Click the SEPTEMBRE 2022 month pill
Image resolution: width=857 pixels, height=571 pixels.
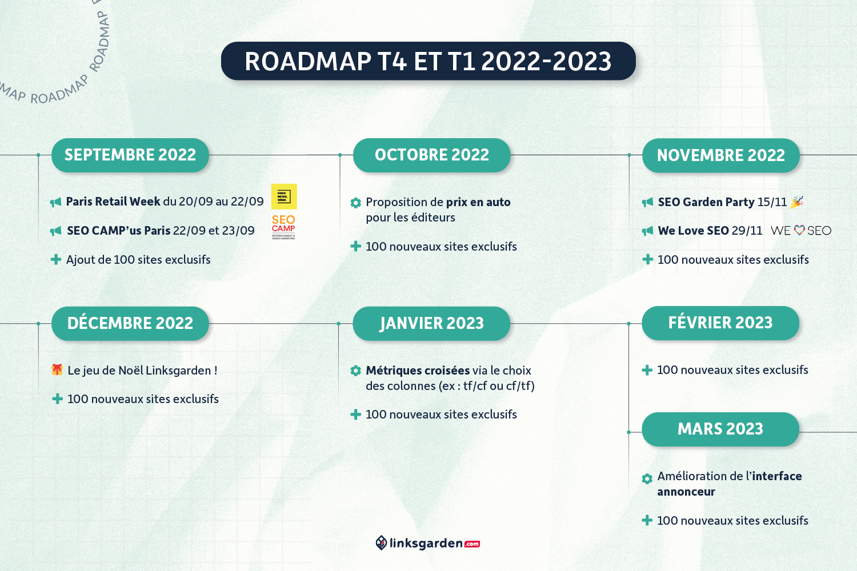click(130, 155)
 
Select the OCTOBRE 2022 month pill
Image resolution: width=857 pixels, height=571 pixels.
click(431, 155)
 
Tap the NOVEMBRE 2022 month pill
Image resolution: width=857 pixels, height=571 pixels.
click(721, 155)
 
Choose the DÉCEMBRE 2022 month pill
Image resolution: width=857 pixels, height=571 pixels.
click(130, 323)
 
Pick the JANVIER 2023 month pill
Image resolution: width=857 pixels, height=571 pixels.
click(431, 323)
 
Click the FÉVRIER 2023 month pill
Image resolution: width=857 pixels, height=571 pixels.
click(720, 323)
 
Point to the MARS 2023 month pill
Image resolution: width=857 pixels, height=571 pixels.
click(720, 429)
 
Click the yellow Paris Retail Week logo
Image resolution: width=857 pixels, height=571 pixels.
click(284, 196)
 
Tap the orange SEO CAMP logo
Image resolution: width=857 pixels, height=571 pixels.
click(283, 227)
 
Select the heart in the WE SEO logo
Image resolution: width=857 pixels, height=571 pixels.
click(799, 230)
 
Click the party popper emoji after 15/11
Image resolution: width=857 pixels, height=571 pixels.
click(796, 202)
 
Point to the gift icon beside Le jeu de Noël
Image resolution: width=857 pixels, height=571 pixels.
click(57, 369)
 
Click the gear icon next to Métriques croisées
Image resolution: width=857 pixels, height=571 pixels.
click(356, 371)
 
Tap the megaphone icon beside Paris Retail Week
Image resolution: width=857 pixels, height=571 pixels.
click(55, 202)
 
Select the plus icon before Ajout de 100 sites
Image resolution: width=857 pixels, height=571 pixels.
click(56, 260)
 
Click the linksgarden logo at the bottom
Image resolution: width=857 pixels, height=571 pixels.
click(428, 543)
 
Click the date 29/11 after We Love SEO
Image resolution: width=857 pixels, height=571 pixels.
click(747, 231)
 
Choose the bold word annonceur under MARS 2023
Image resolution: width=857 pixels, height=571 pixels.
click(686, 492)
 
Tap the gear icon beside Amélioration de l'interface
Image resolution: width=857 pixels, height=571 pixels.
click(647, 479)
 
